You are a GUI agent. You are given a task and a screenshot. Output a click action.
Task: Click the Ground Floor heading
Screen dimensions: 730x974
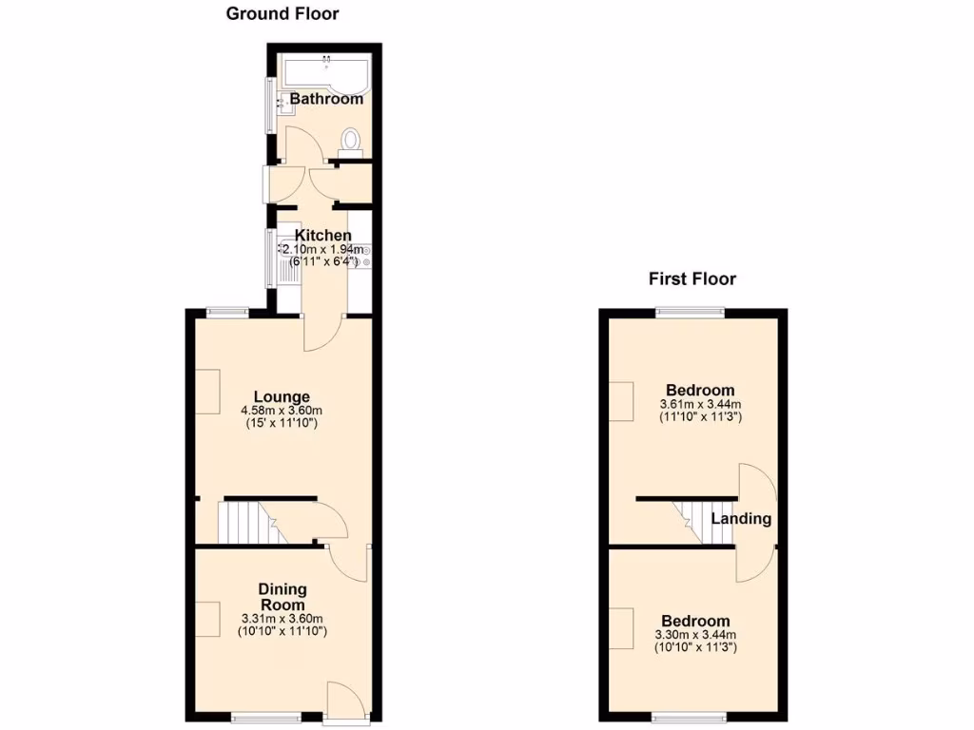(x=282, y=14)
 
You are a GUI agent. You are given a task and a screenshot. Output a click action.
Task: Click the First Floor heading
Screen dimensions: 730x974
(x=692, y=279)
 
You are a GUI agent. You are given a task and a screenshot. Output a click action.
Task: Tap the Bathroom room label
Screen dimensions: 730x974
(x=326, y=99)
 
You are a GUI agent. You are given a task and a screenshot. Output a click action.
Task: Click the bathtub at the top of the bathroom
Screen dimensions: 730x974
(x=323, y=69)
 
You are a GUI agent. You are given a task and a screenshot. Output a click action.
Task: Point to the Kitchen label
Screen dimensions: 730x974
(x=322, y=235)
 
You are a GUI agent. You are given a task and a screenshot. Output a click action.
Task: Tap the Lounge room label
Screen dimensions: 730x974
(x=281, y=396)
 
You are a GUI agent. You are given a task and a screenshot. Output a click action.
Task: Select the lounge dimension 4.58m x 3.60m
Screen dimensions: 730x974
(x=281, y=412)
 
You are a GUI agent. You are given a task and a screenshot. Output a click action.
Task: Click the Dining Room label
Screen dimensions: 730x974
(x=282, y=597)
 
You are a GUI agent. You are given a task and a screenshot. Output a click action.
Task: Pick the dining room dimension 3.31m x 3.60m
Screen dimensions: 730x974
(x=282, y=618)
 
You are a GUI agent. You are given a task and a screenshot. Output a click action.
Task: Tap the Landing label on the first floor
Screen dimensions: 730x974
(x=741, y=519)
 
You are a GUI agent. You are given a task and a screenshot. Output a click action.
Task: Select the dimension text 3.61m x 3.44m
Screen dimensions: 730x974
(x=700, y=405)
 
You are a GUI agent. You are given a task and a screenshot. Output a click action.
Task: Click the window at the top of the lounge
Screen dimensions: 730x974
(x=228, y=310)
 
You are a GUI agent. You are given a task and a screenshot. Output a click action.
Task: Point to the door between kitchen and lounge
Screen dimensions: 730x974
(x=321, y=335)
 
